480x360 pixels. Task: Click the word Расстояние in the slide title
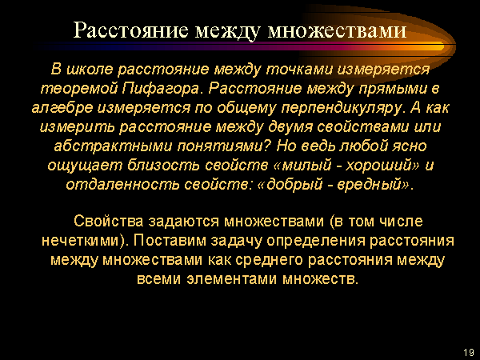click(130, 30)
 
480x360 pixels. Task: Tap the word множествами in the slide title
click(337, 30)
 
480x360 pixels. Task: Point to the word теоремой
click(79, 89)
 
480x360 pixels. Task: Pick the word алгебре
click(62, 108)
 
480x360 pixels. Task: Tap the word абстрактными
click(114, 146)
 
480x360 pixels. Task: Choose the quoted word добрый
click(290, 185)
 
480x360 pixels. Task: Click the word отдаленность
click(122, 185)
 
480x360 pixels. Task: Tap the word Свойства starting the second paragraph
click(108, 221)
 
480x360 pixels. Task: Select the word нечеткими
click(85, 241)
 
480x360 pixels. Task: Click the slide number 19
click(469, 352)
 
